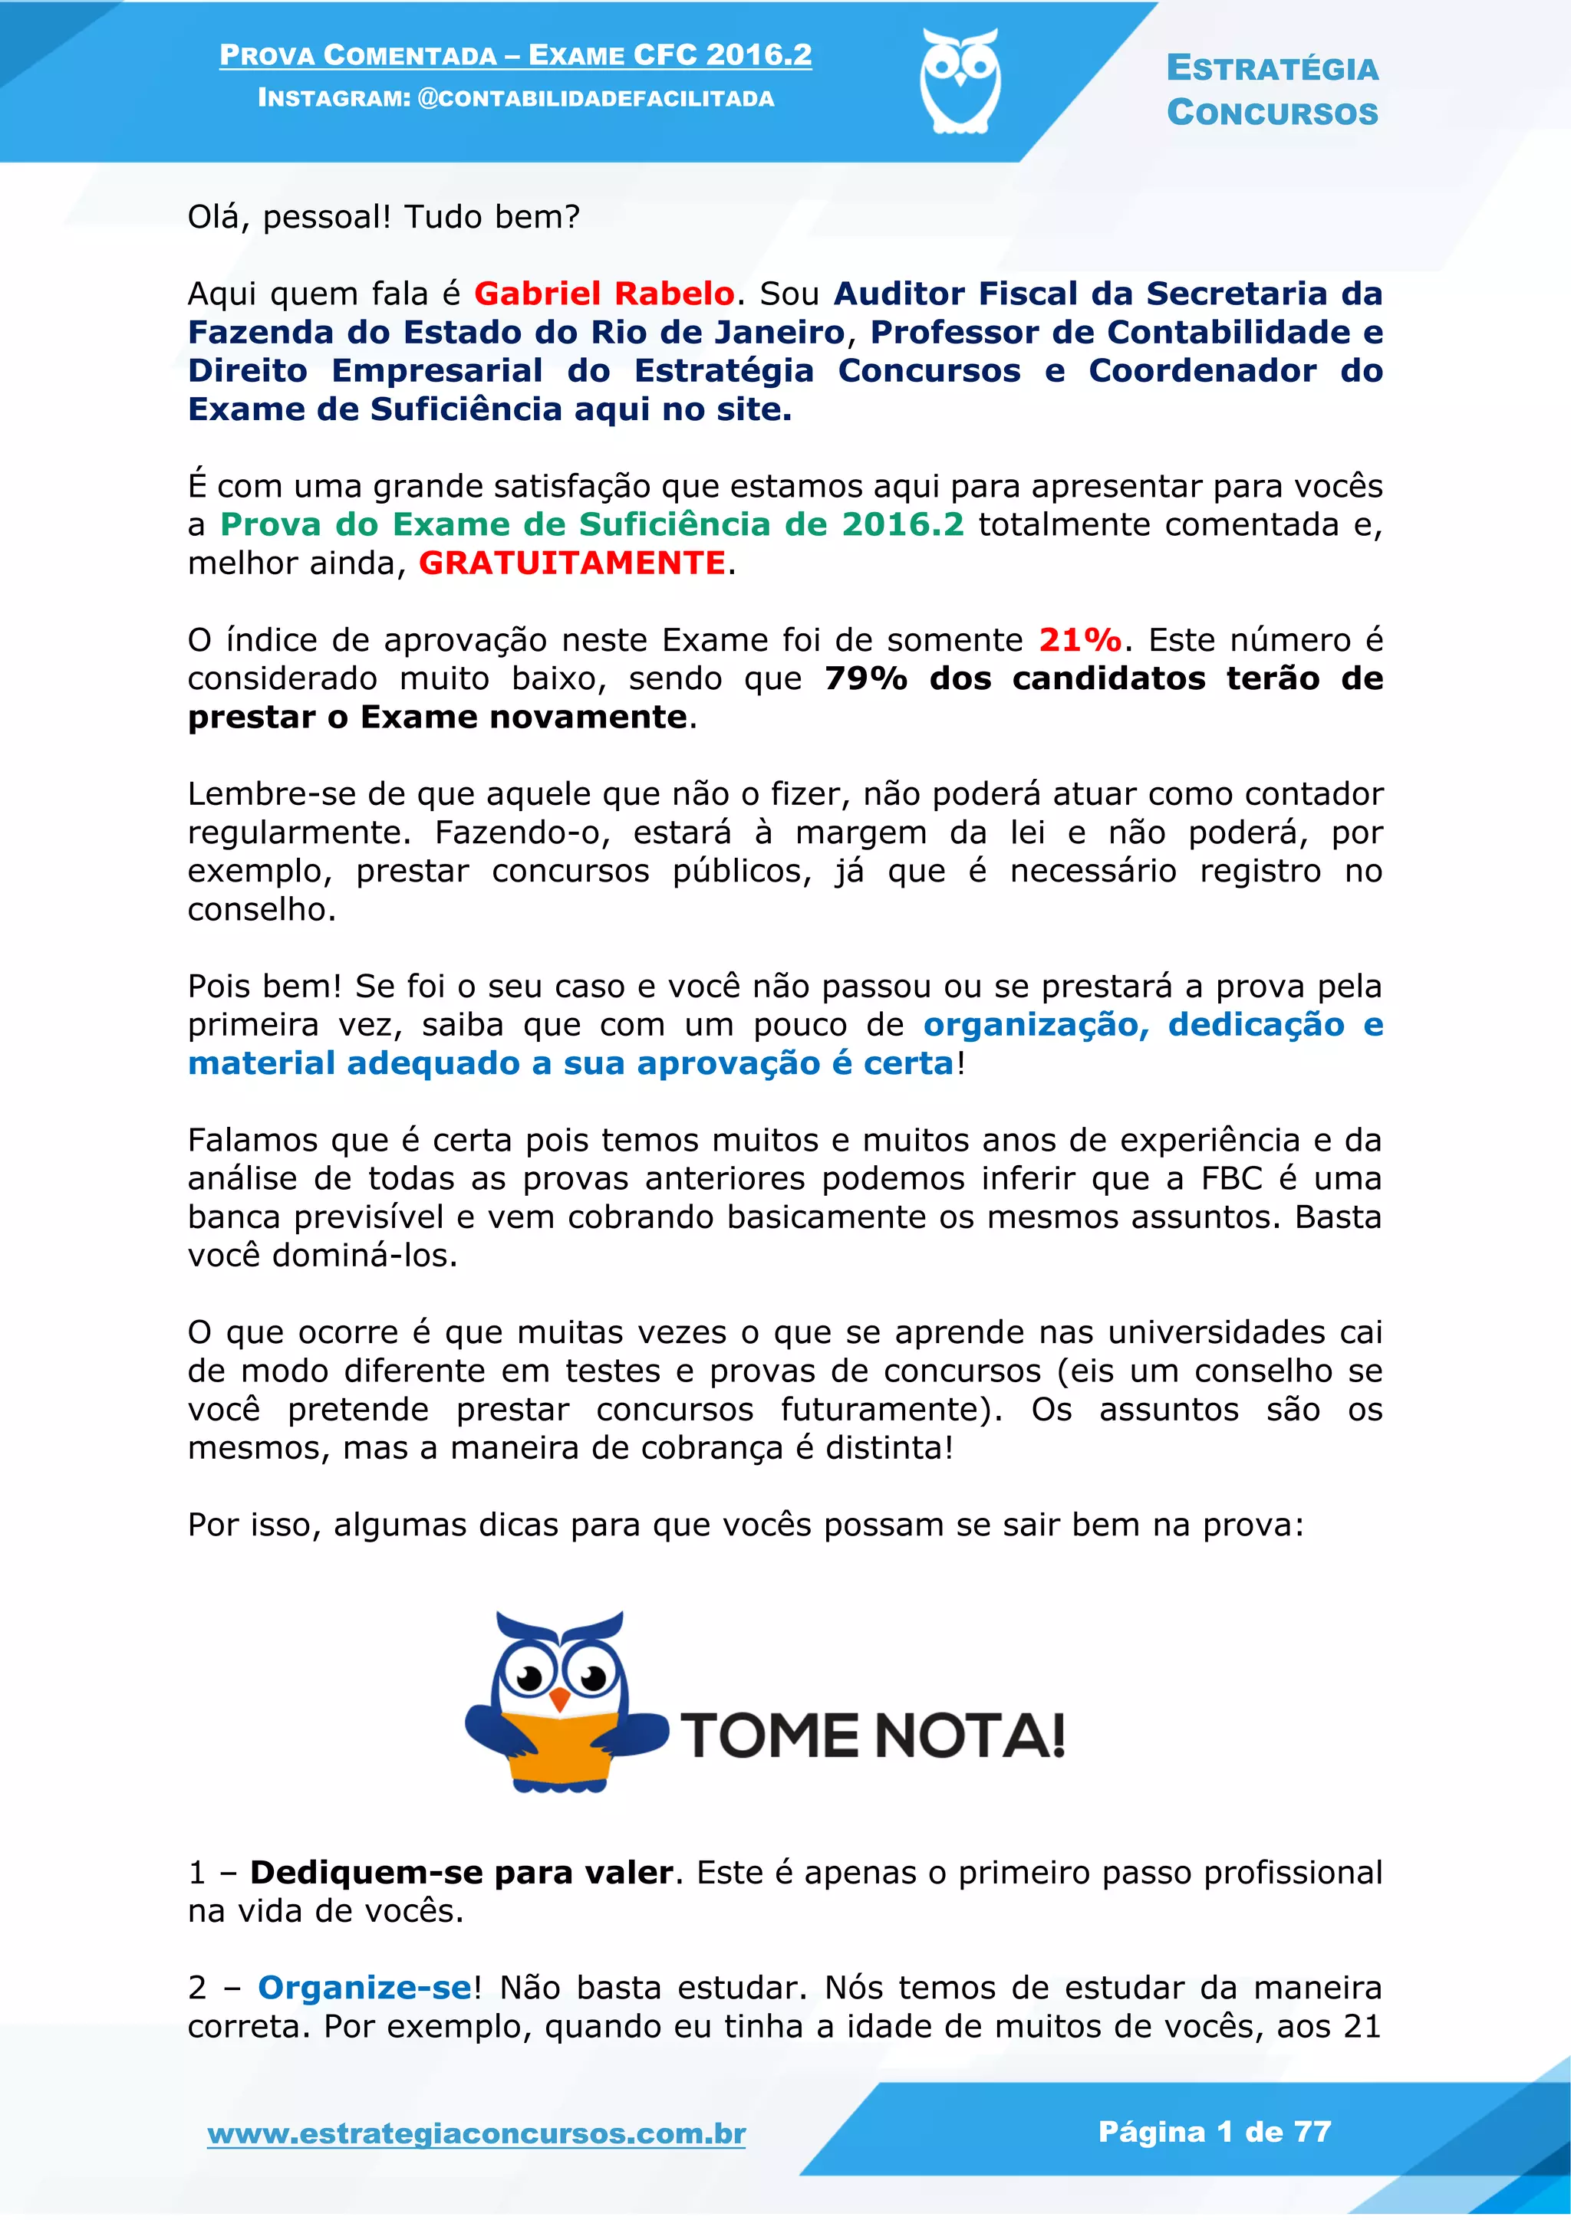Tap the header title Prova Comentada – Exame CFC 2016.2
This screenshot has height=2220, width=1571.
515,55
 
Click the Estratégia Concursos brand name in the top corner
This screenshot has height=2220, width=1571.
1271,90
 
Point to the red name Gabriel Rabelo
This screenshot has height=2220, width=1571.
604,293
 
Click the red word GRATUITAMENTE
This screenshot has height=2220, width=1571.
571,563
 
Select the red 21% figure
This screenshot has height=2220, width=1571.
1079,640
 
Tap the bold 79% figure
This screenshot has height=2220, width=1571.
866,678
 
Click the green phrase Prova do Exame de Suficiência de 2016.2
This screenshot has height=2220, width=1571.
592,524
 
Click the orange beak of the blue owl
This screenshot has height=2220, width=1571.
559,1699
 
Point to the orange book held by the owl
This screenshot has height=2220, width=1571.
560,1747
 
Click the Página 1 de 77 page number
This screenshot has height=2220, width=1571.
1215,2131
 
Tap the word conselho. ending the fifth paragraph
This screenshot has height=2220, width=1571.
261,910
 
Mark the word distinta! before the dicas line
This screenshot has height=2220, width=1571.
889,1448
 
